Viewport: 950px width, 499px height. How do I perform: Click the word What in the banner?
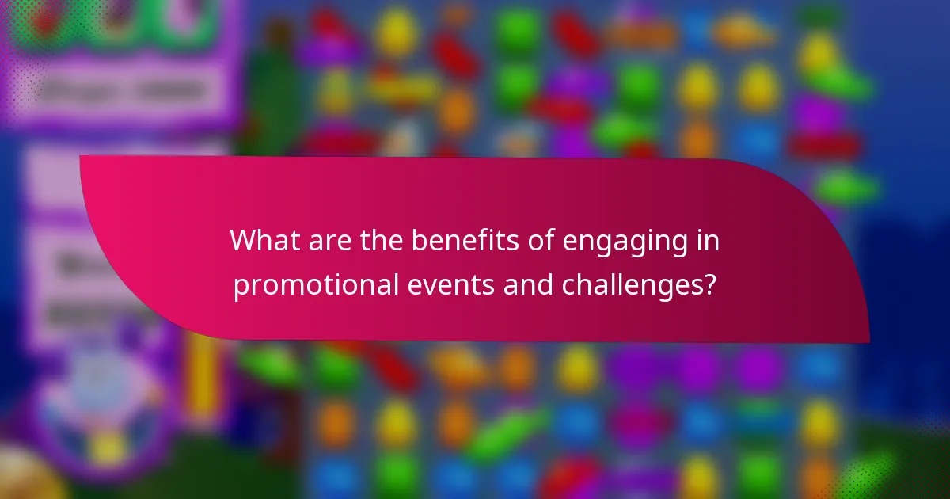[x=262, y=241]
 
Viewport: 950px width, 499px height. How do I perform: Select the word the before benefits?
[x=375, y=241]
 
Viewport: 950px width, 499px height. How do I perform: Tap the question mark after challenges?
[x=710, y=284]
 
